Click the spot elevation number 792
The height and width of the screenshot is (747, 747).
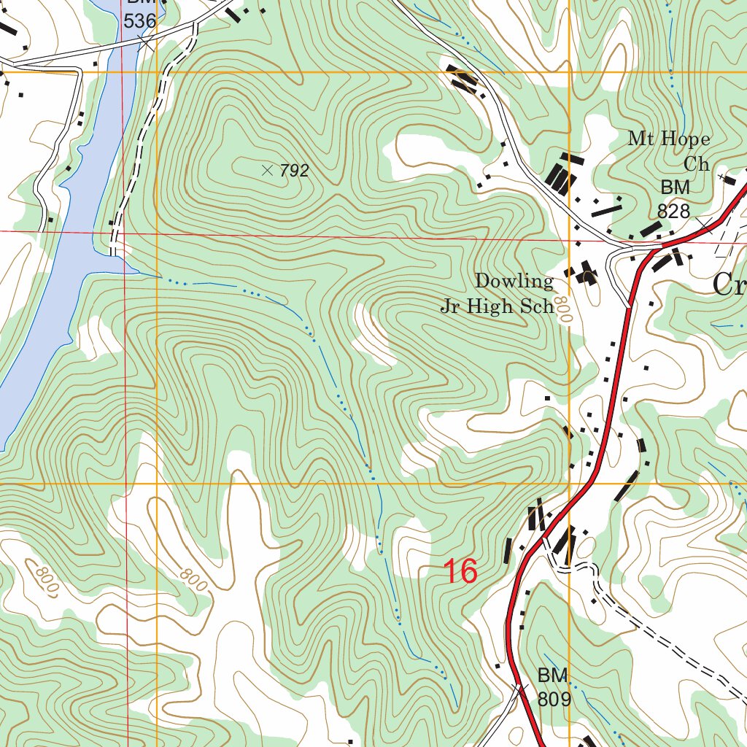coord(295,171)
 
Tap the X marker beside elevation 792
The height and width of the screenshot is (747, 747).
coord(267,171)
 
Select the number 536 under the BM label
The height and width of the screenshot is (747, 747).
coord(139,21)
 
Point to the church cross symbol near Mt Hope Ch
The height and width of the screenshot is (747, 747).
coord(727,177)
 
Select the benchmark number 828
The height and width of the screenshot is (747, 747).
coord(673,212)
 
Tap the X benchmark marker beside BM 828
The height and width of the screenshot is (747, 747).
coord(702,221)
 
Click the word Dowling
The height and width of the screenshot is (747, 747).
coord(514,281)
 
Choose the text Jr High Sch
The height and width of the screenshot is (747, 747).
coord(498,306)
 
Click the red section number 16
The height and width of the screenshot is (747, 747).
coord(460,571)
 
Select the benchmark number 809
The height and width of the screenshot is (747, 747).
coord(554,699)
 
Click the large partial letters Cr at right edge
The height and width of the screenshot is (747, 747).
coord(729,284)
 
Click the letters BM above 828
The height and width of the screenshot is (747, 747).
coord(675,187)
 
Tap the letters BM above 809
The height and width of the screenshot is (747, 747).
coord(552,674)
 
